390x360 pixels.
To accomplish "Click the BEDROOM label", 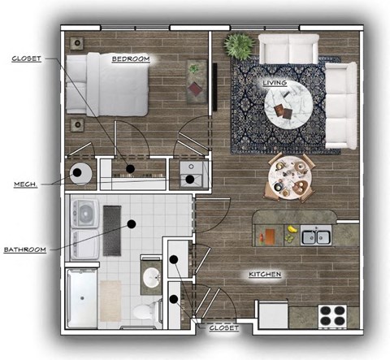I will (130, 59).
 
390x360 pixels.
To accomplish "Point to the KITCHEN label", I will (265, 275).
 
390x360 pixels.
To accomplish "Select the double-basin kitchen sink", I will (316, 237).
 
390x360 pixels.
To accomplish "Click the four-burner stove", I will (333, 315).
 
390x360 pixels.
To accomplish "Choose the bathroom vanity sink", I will (152, 278).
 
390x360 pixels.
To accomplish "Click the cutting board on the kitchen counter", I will (269, 237).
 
